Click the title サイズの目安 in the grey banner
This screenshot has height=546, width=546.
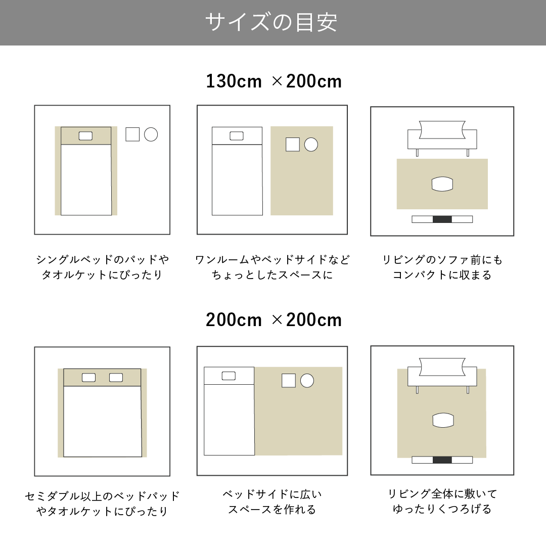(271, 22)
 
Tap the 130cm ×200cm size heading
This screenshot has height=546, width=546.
(274, 81)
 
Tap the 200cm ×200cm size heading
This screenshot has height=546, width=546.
(274, 320)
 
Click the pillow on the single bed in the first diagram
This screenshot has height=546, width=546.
(85, 136)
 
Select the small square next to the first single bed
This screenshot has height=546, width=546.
(132, 134)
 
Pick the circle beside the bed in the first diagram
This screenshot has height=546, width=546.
(151, 134)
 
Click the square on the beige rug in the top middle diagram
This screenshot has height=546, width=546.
(293, 145)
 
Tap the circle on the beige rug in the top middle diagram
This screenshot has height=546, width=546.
(311, 145)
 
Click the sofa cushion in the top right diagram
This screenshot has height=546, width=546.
(442, 129)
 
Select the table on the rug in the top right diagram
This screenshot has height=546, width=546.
(442, 184)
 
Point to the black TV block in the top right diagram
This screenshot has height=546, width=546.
(442, 219)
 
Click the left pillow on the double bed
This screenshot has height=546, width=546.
(88, 378)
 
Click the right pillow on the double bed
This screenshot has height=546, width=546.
(116, 378)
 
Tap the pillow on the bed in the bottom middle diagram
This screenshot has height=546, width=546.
(229, 376)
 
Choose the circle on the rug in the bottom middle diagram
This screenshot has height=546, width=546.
(307, 381)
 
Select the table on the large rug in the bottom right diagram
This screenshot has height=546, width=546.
(443, 420)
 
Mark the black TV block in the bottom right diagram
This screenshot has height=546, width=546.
(442, 460)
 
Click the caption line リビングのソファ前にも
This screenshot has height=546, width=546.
(442, 259)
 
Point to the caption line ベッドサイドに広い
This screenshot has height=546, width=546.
(272, 494)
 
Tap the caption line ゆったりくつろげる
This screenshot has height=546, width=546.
(442, 509)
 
